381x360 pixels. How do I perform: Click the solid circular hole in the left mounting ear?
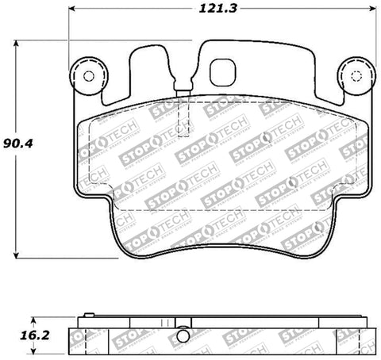(87, 76)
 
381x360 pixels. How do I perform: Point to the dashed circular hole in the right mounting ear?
(353, 76)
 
